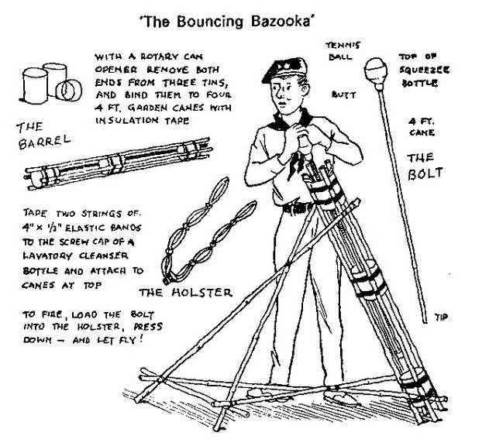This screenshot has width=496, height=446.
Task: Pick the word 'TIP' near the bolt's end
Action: (442, 316)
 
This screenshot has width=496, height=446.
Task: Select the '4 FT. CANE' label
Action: (422, 125)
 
